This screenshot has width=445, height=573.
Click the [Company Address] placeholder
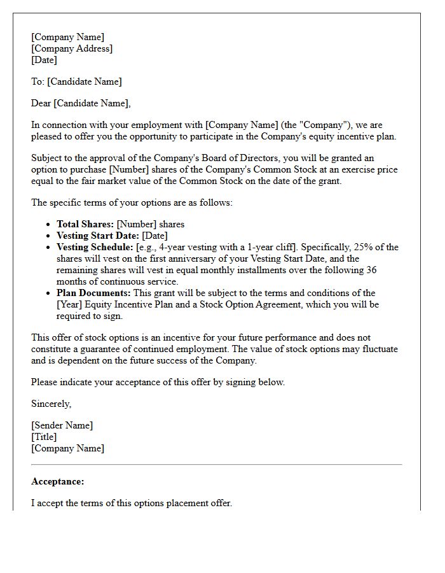(x=72, y=48)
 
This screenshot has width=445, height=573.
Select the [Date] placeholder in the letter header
(x=44, y=60)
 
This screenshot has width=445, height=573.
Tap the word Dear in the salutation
(x=41, y=103)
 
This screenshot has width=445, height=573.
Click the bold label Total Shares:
(x=85, y=224)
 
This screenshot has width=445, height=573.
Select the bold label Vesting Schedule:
(x=95, y=247)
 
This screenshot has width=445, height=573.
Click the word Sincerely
(x=51, y=404)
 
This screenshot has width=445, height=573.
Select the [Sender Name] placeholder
(x=62, y=425)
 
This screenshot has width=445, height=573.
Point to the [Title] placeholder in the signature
(x=44, y=437)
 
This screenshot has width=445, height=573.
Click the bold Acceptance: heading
(x=57, y=481)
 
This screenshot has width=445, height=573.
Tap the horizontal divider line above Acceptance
(x=216, y=465)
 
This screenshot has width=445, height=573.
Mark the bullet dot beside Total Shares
(x=50, y=225)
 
